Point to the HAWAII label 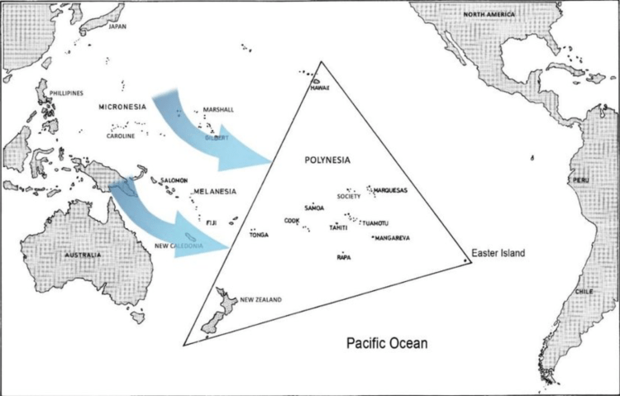click(x=320, y=88)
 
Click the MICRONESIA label click(x=122, y=107)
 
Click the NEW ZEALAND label click(x=261, y=299)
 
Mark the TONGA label click(x=259, y=235)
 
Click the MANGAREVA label click(x=393, y=238)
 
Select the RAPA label click(x=344, y=257)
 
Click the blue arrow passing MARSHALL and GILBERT click(x=207, y=132)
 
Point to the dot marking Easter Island click(x=467, y=260)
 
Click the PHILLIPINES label click(x=68, y=93)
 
